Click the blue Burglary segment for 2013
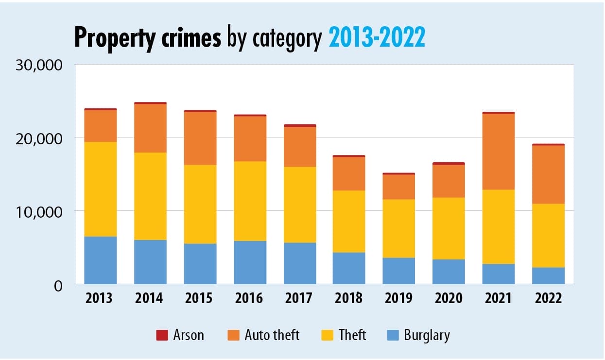tap(100, 260)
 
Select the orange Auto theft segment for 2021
tap(498, 151)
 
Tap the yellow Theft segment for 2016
tap(250, 201)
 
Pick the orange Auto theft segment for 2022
tap(548, 174)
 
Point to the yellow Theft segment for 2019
tap(398, 228)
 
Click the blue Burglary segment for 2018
tap(349, 268)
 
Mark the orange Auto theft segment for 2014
tap(150, 128)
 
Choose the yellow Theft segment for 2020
tap(449, 228)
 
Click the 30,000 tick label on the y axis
tap(37, 65)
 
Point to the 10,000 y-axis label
tap(37, 212)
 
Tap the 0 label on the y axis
tap(58, 286)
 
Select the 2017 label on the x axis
tap(299, 298)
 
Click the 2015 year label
tap(200, 298)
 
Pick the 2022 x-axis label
tap(548, 298)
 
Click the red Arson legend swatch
tap(161, 335)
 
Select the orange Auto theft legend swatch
tap(233, 335)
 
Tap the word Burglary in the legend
tap(427, 335)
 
